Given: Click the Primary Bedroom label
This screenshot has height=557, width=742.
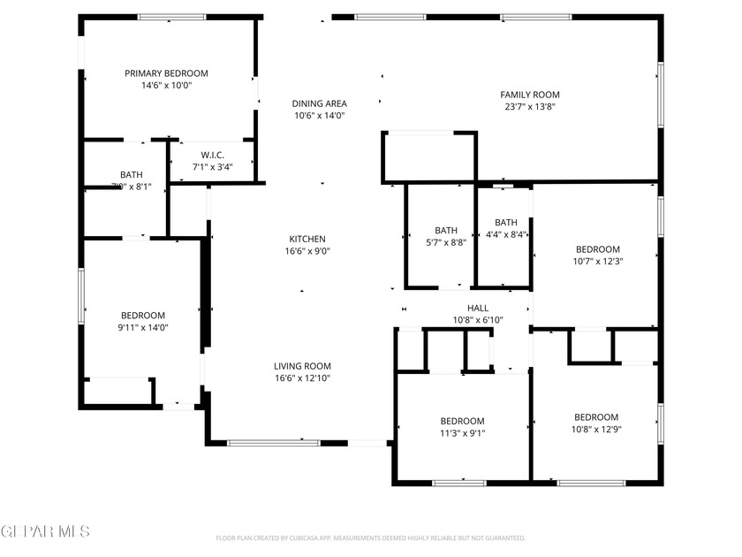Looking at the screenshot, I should click(x=166, y=73).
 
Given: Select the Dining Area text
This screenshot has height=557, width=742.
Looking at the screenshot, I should click(x=319, y=103).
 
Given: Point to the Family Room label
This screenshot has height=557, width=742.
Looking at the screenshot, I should click(x=530, y=95).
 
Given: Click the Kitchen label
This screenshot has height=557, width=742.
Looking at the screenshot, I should click(x=307, y=239).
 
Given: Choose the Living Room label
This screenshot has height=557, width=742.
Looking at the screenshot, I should click(x=302, y=366).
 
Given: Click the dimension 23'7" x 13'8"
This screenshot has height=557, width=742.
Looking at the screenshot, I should click(x=530, y=107).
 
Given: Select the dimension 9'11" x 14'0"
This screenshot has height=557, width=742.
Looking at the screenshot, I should click(x=143, y=328).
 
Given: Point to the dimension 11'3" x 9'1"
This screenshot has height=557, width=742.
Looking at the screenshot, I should click(x=462, y=433).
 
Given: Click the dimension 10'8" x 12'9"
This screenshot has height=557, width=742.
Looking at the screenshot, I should click(x=596, y=430).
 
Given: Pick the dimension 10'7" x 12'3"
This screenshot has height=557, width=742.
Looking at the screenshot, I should click(x=598, y=261).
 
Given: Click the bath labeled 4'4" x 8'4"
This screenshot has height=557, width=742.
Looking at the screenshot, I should click(x=506, y=228).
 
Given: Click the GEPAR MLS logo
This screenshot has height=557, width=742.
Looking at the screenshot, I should click(x=45, y=531).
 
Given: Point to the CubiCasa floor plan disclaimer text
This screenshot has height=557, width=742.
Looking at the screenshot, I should click(x=371, y=538).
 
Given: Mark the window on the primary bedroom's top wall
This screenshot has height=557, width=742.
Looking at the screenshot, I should click(x=172, y=17).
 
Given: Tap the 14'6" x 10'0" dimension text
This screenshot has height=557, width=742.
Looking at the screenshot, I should click(x=166, y=86).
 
